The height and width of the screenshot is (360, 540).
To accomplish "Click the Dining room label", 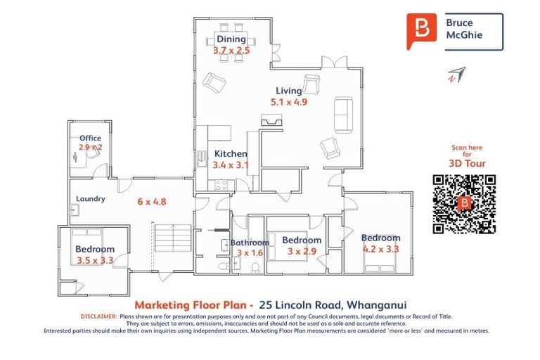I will coord(231,39).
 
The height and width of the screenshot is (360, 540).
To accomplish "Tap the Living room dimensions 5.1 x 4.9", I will coord(289,102).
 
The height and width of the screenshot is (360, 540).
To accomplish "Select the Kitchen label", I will coord(231,154).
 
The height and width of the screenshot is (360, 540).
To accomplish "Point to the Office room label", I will coord(90,139).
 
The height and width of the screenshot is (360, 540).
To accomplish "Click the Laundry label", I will coord(91,199).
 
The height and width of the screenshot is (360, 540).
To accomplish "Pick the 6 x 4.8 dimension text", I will coord(151,202).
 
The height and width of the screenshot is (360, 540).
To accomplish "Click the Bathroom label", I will coord(250,243).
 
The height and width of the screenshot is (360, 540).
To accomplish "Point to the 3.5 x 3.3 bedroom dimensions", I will coord(95,260).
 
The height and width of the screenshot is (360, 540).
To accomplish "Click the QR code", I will coord(464,203).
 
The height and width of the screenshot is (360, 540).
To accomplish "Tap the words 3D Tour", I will coord(467,164).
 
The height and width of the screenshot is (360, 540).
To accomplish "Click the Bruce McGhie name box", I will coord(472,31).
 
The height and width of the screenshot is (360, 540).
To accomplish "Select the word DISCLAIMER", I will coord(98,317).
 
